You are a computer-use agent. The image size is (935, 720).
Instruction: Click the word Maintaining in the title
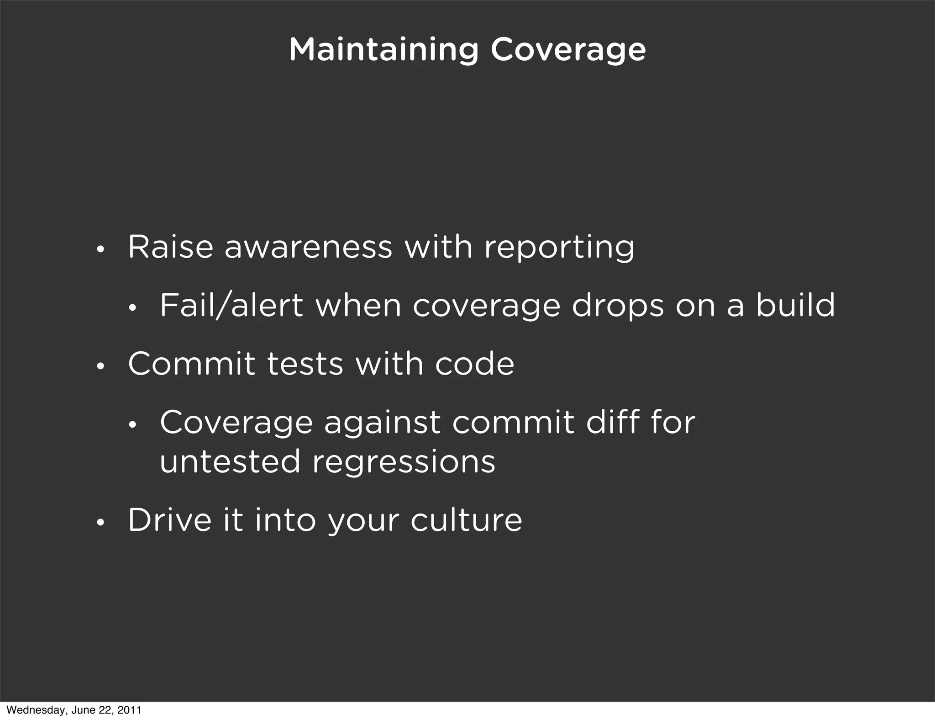click(x=383, y=50)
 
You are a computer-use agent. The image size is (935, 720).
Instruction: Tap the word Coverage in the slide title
click(x=568, y=50)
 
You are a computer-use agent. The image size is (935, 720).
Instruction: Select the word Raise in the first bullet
click(x=170, y=247)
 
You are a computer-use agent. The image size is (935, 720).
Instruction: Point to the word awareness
click(x=308, y=247)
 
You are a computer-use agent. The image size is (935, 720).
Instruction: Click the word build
click(x=795, y=305)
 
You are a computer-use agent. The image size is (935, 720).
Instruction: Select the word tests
click(x=305, y=364)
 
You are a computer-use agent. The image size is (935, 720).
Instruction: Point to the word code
click(x=474, y=364)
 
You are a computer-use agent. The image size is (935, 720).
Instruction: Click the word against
click(x=382, y=423)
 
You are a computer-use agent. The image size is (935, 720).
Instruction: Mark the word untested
click(x=230, y=461)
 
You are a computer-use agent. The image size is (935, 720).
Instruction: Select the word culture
click(x=466, y=520)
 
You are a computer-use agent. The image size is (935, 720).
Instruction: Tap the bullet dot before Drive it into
click(x=100, y=524)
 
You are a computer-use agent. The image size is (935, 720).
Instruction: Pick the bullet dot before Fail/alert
click(x=132, y=309)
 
